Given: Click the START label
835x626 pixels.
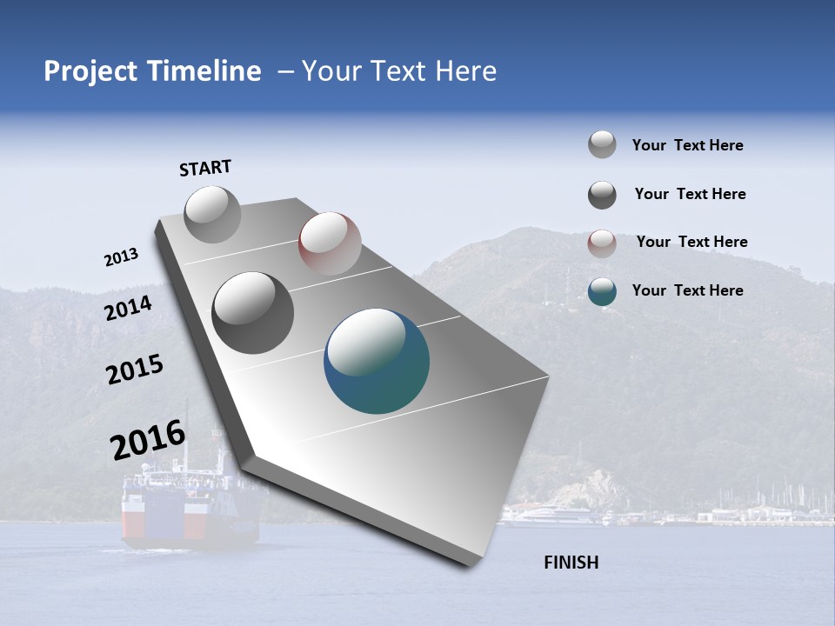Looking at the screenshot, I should coord(205,168).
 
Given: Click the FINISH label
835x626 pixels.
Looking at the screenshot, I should coord(571,563).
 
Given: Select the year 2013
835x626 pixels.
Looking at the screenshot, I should coord(122,257).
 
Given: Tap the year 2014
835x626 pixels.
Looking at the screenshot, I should coord(128,308).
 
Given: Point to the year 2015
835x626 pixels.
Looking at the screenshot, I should coord(135,370).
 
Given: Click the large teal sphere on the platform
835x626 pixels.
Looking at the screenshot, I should coord(377,361).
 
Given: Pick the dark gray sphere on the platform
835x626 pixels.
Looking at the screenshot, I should coord(252,312).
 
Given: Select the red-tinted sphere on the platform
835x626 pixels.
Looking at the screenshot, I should coord(330,243).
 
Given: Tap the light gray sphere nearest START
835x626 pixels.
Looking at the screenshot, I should coord(213,214).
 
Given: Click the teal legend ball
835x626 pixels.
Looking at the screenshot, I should coord(602,291).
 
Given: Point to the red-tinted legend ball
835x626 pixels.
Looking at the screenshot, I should coord(602,243).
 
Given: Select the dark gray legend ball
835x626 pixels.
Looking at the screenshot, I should coord(602,195).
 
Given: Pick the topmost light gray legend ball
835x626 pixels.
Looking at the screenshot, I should coord(602,145).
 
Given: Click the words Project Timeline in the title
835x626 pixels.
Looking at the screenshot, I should coord(152,71).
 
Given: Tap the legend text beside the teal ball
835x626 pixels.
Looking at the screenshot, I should coord(687,290).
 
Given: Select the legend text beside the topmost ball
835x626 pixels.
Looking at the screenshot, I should coord(687,145).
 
